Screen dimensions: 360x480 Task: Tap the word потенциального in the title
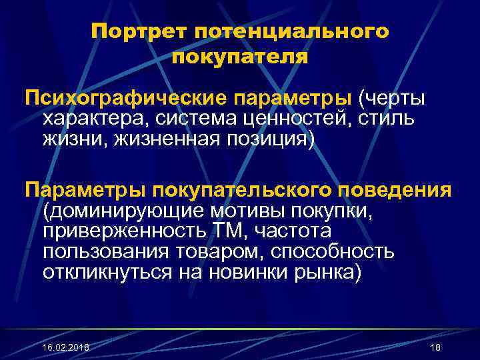click(291, 33)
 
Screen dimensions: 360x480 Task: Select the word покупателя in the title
click(240, 58)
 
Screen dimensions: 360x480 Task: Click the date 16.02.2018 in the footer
click(65, 348)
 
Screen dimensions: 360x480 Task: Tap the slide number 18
click(435, 348)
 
